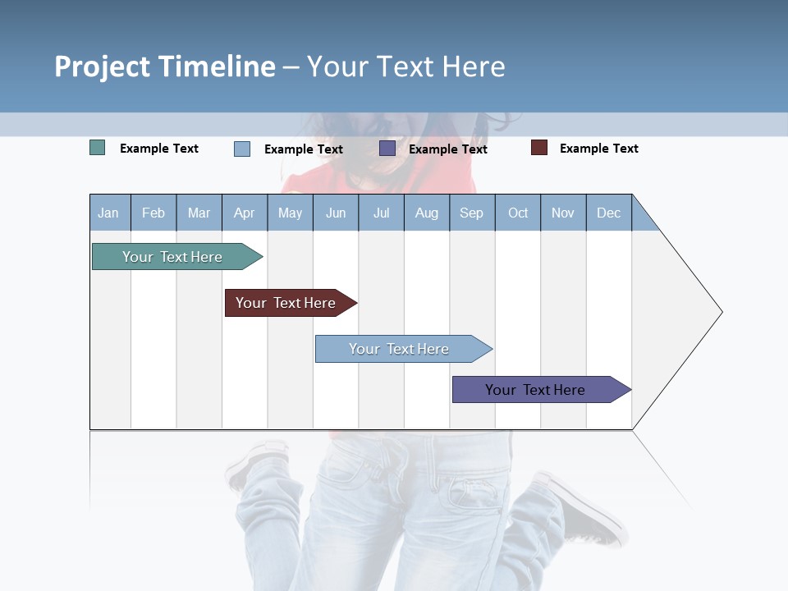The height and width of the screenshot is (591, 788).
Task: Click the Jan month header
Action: click(109, 213)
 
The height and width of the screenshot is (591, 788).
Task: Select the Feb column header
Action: click(153, 213)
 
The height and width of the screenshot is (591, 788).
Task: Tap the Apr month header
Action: click(245, 213)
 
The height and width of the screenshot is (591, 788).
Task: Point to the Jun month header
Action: click(336, 213)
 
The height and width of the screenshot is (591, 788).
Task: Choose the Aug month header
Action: click(427, 213)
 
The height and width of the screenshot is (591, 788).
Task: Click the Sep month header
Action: click(472, 213)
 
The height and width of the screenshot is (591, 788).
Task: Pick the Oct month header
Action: click(518, 213)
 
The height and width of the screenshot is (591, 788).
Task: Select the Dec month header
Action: click(609, 213)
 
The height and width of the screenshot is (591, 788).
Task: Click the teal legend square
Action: click(98, 148)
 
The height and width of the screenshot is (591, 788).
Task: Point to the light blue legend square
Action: click(242, 149)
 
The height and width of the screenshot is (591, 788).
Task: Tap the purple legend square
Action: click(387, 149)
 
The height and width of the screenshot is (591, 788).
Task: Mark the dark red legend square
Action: click(539, 148)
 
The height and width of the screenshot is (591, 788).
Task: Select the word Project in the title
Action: click(103, 66)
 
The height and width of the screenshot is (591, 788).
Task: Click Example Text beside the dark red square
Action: click(598, 149)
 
